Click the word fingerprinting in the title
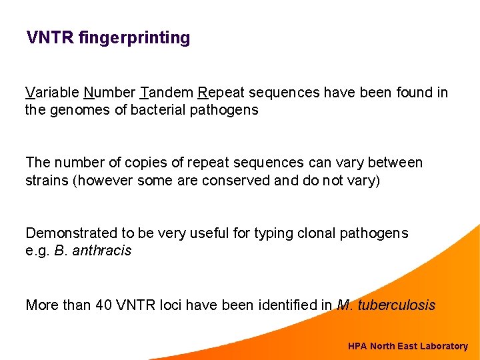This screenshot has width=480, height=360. pyautogui.click(x=134, y=38)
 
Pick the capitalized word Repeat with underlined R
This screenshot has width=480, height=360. pyautogui.click(x=223, y=93)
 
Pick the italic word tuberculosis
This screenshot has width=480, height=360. pyautogui.click(x=396, y=305)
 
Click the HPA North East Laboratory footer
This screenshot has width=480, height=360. pyautogui.click(x=407, y=346)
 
